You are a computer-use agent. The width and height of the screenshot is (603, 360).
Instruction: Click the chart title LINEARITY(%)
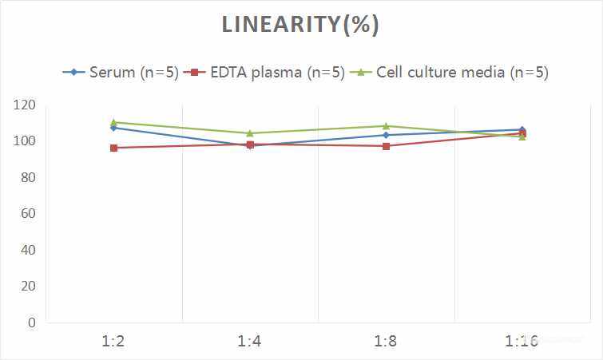coord(300,25)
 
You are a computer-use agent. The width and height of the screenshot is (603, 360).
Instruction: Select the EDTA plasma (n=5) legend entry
coord(267,72)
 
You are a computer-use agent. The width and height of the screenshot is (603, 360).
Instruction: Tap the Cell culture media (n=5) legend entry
coord(453,72)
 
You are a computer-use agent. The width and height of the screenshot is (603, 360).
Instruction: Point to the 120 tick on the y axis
coord(24,105)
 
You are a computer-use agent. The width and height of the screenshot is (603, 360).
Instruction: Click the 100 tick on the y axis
coord(24,141)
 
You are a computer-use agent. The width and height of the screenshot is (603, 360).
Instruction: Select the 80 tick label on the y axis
coord(27,177)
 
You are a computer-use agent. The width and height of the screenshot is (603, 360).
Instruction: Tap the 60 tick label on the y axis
coord(27,214)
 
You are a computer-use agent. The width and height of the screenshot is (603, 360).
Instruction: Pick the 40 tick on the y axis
coord(27,250)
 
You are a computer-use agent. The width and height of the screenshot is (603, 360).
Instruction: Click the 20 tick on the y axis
coord(27,286)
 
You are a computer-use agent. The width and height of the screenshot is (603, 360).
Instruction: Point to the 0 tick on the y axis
coord(31,322)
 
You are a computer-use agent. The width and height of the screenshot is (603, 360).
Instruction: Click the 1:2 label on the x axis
coord(113,342)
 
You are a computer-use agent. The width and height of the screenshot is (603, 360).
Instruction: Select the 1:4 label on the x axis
coord(250,342)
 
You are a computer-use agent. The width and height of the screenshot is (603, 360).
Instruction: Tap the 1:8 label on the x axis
coord(386,342)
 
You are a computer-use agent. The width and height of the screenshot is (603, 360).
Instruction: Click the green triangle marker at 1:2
coord(113,122)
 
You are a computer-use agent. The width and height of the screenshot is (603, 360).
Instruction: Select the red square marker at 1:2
coord(113,148)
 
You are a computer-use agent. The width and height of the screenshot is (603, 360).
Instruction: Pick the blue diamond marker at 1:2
coord(113,128)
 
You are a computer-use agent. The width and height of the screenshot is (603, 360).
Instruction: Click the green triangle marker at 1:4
coord(250,133)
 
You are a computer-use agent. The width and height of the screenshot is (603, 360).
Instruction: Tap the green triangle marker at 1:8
coord(386,126)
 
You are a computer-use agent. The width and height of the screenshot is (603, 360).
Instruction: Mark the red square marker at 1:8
coord(386,146)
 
